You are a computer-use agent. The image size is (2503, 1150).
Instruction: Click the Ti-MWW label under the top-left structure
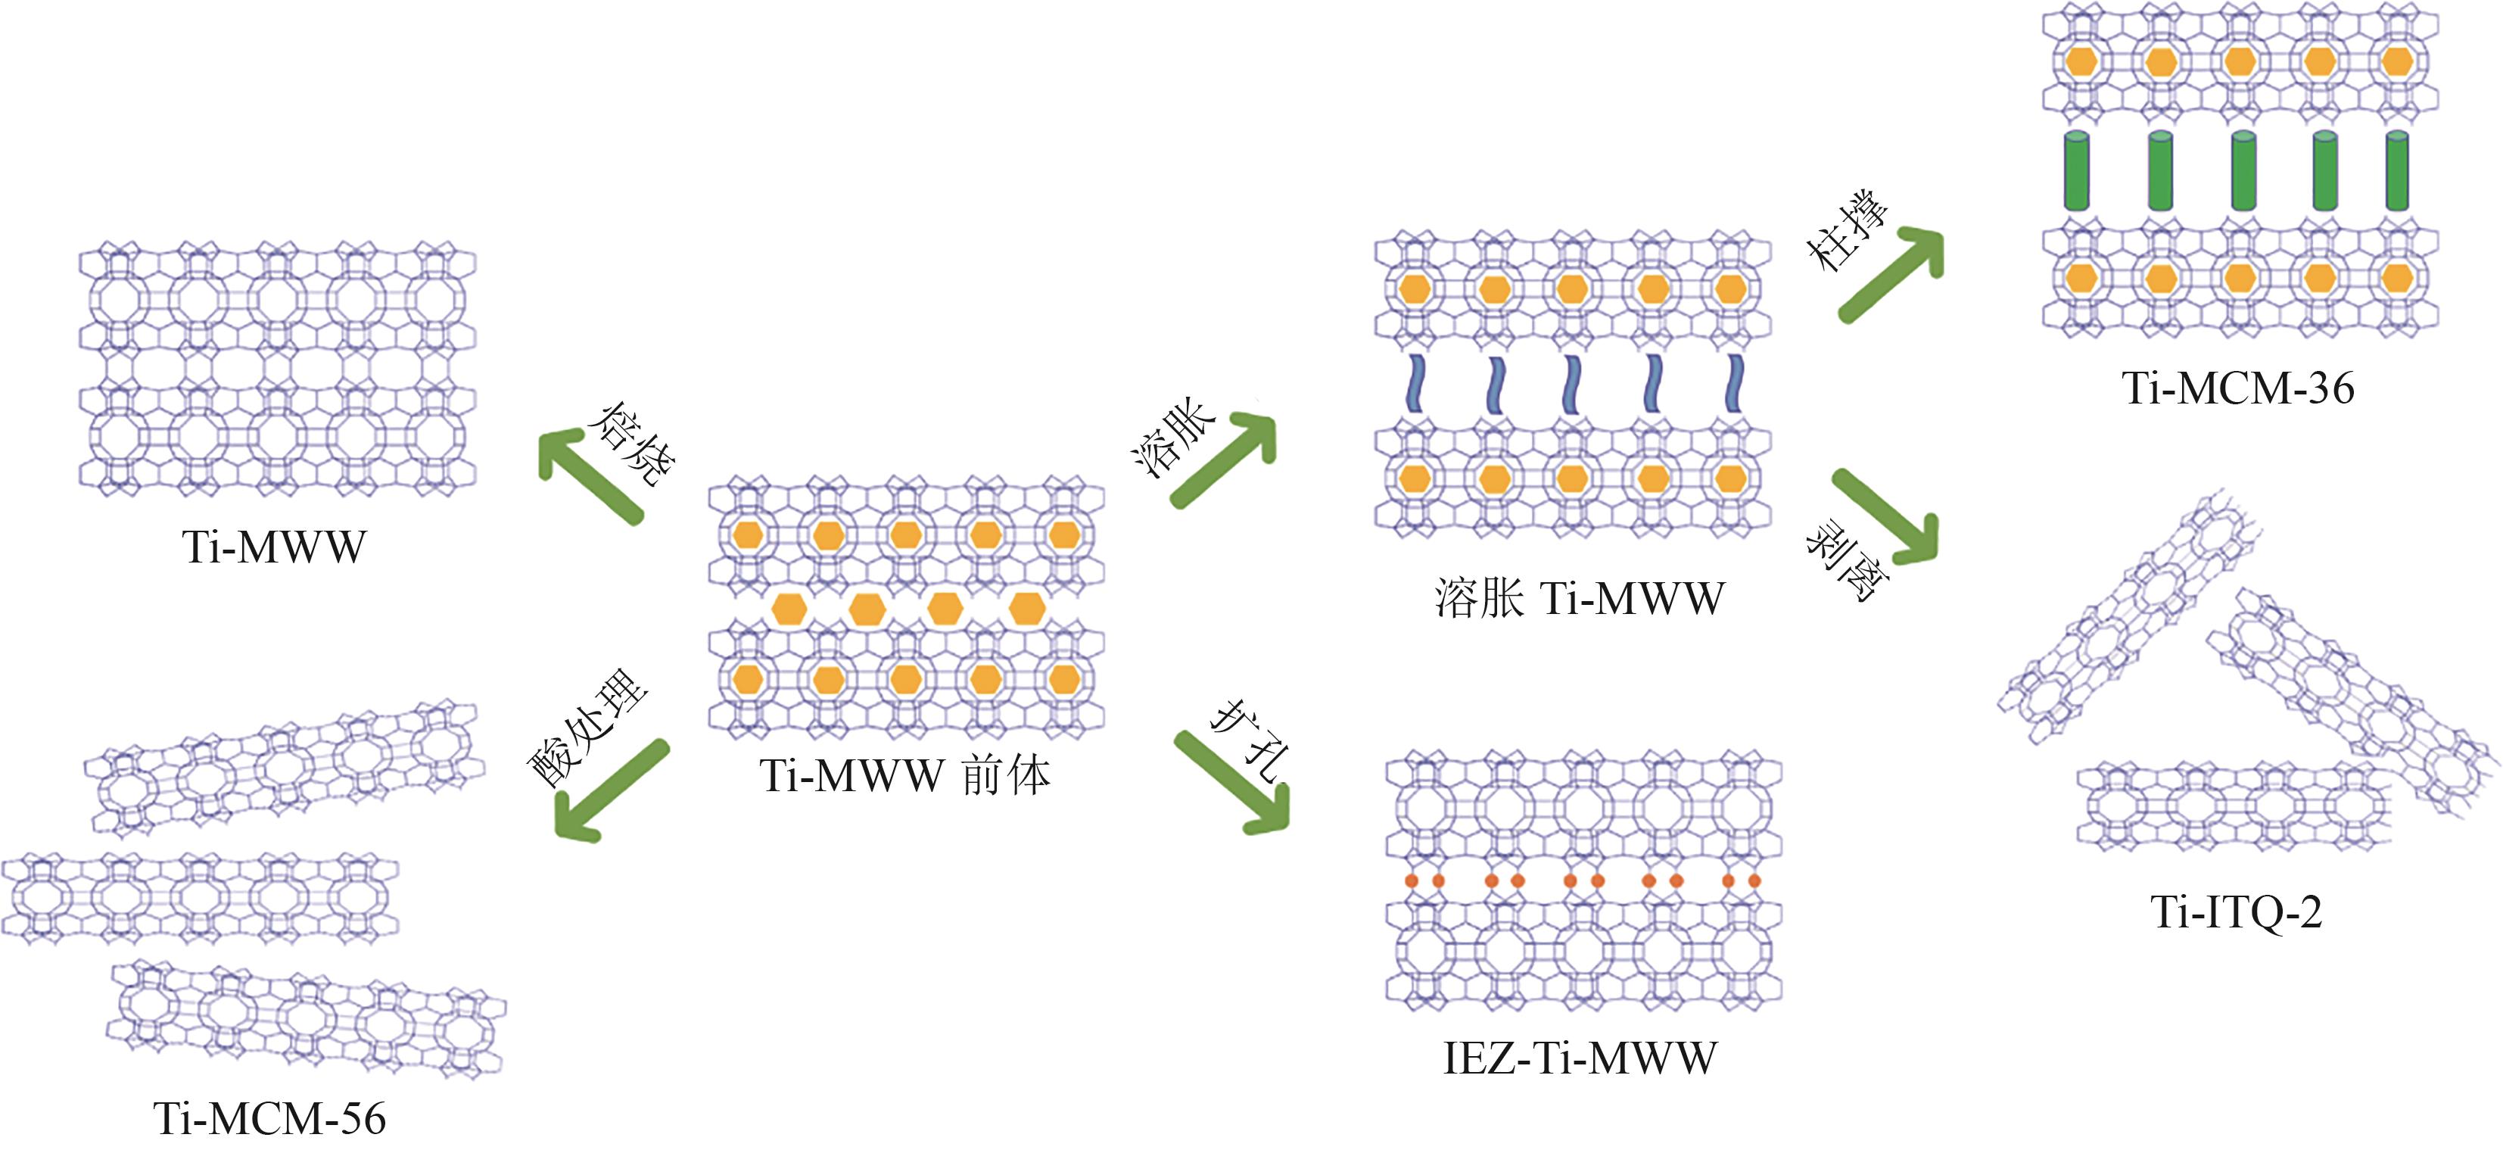point(274,547)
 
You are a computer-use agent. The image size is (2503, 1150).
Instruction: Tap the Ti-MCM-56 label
point(270,1119)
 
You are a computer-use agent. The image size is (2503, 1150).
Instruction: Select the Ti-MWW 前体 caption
point(904,777)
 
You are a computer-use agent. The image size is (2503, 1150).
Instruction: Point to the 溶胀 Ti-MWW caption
point(1579,598)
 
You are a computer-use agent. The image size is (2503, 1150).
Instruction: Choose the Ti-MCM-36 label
point(2238,389)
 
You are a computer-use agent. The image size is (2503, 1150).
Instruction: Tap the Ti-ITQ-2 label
point(2236,912)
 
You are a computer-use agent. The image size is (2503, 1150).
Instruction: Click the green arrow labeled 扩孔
point(1232,783)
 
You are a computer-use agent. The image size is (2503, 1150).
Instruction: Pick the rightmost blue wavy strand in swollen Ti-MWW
point(1733,384)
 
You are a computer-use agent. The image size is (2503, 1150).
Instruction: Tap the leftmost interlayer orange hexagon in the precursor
point(789,609)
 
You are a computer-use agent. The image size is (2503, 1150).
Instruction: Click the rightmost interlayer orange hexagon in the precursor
point(1027,609)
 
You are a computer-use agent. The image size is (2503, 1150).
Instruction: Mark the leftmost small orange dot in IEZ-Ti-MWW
point(1412,880)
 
